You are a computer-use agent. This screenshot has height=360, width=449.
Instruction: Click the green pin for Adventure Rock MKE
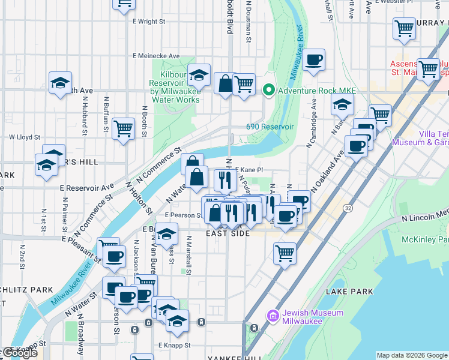coord(269,91)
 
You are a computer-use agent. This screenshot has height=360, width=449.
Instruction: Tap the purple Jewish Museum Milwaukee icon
coord(273,316)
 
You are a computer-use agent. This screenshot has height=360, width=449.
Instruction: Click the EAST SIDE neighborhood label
coord(227,233)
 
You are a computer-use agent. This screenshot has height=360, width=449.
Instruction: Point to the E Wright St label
coord(148,22)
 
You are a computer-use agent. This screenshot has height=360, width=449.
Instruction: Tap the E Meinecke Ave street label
coord(156,56)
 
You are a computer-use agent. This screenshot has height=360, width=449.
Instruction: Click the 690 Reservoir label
coord(270,127)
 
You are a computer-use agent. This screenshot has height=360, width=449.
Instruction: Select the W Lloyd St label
coord(23,137)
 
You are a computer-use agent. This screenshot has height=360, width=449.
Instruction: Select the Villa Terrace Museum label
coord(420,138)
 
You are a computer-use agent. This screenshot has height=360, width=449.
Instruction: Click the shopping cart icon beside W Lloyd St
coord(123,128)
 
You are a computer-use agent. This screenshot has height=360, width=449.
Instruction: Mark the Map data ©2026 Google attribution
coord(412,355)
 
